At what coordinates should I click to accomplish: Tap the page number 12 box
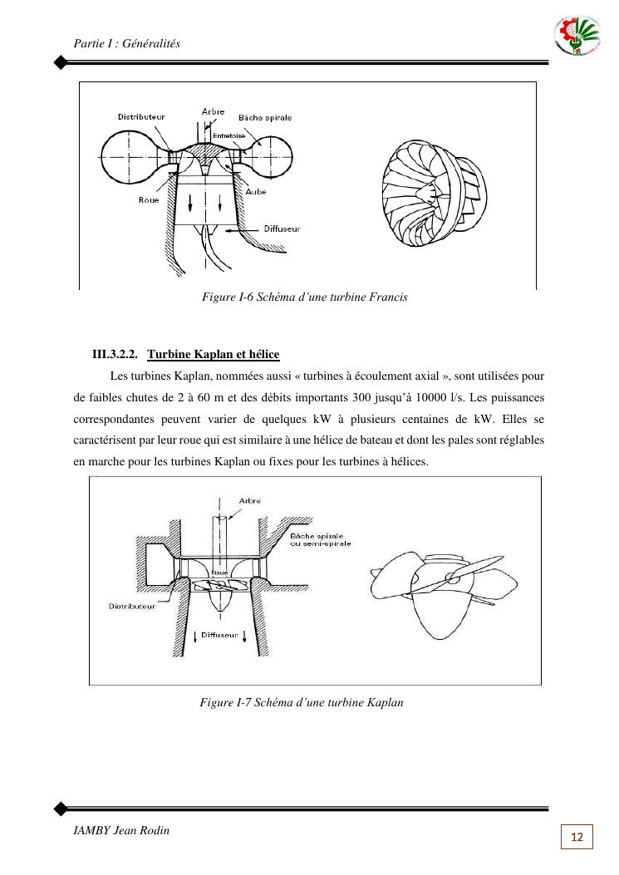tap(577, 837)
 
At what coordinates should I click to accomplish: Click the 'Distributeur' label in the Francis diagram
tap(140, 117)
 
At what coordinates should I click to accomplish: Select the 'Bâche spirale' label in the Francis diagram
tap(265, 118)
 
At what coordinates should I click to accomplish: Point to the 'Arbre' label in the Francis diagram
tap(213, 111)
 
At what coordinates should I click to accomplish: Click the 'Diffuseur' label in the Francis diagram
tap(282, 228)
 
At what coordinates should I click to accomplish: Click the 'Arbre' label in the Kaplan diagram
tap(249, 501)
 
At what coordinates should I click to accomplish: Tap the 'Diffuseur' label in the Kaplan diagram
tap(220, 634)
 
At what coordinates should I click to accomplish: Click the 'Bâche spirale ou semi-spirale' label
tap(320, 540)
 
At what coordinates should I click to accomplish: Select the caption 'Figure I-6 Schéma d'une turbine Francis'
tap(305, 297)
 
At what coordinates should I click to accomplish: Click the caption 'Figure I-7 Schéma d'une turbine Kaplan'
tap(302, 702)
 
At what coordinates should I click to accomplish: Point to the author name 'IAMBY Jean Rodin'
tap(121, 830)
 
